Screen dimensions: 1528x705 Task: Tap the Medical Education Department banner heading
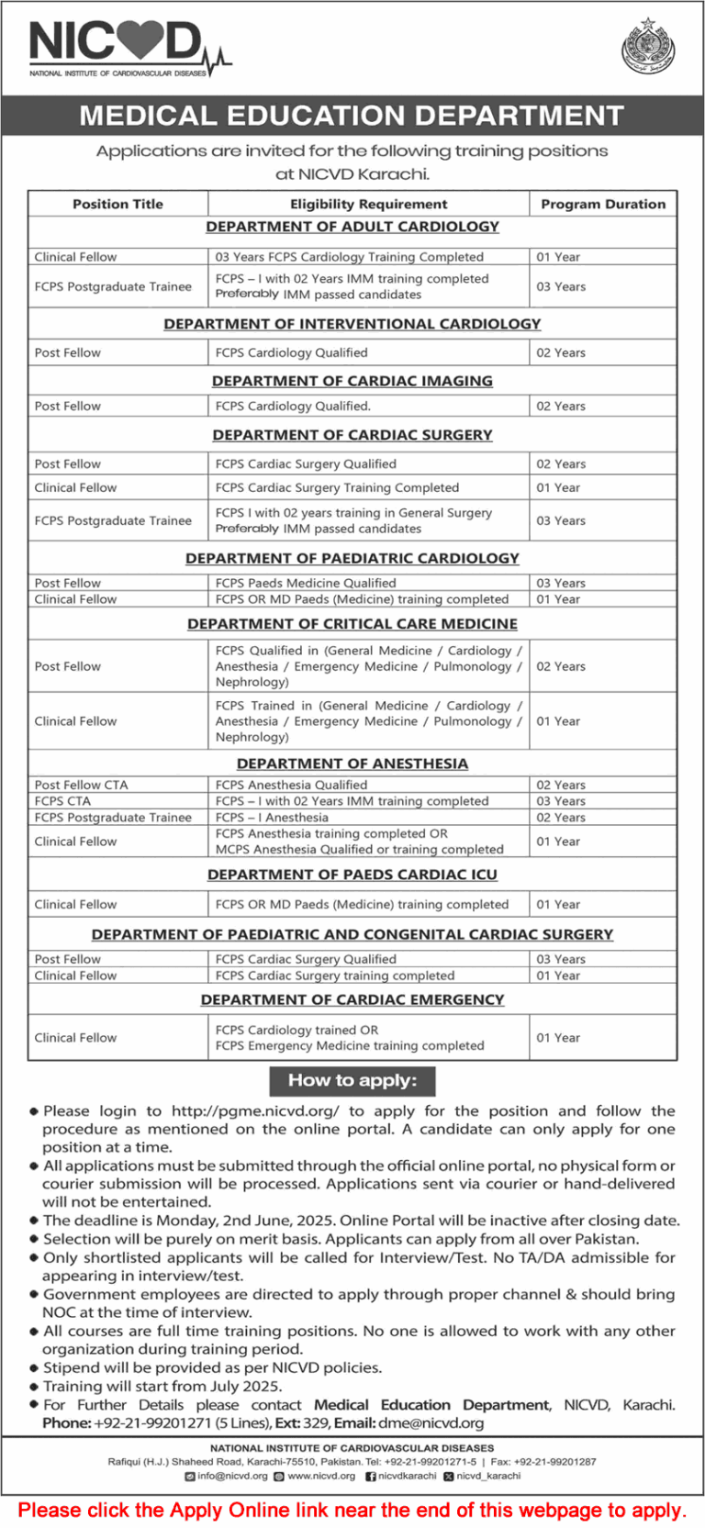(x=352, y=116)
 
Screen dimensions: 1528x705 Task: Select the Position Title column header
(x=117, y=204)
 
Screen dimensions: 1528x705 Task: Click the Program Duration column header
(x=603, y=204)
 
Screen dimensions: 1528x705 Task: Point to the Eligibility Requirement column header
(x=369, y=204)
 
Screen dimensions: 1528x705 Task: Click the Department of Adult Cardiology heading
(x=352, y=227)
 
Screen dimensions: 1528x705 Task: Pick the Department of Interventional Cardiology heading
(x=352, y=324)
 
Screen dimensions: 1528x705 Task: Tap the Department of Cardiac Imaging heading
(x=352, y=381)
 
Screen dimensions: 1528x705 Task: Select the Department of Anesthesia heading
(x=352, y=764)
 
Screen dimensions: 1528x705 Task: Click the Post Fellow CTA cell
(x=82, y=785)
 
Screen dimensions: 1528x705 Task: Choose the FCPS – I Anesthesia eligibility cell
(x=272, y=818)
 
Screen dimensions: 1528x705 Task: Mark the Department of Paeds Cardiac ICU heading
(x=352, y=875)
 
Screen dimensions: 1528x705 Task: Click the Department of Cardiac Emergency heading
(x=352, y=999)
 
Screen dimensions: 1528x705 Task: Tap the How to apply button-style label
(x=352, y=1081)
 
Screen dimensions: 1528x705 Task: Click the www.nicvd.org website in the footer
(x=321, y=1476)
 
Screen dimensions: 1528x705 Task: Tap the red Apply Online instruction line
(x=352, y=1510)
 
